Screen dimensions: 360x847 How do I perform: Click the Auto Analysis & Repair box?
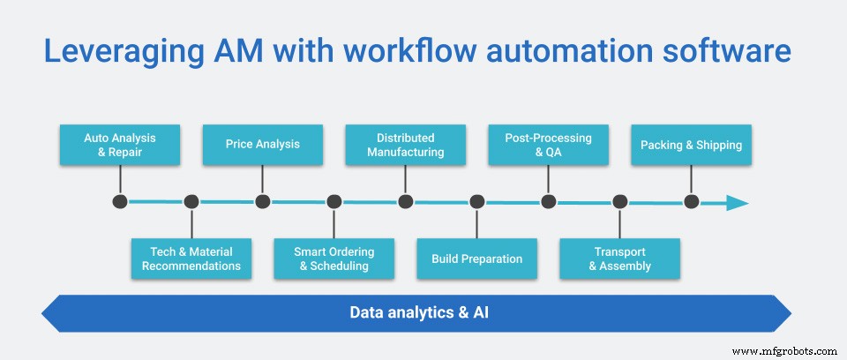click(x=120, y=145)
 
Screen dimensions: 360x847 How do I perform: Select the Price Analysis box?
click(x=262, y=145)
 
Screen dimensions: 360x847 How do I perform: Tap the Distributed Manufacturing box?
click(x=405, y=145)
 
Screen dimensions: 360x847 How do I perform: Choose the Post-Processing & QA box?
click(x=548, y=145)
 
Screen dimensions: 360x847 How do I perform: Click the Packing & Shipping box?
click(x=691, y=145)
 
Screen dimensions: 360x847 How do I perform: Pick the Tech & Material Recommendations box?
click(x=191, y=259)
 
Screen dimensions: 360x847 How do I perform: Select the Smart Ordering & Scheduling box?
click(x=334, y=259)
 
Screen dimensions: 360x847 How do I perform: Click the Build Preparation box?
click(x=476, y=259)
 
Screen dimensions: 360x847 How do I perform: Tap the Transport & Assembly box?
click(x=619, y=259)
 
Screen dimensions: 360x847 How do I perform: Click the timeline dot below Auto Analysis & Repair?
click(x=120, y=202)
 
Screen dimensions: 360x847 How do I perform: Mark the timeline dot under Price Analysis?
click(x=262, y=202)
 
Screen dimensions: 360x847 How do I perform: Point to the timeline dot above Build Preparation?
click(x=476, y=202)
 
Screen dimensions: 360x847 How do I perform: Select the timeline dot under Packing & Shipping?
click(x=691, y=202)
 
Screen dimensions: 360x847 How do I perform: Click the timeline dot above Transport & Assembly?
click(x=619, y=202)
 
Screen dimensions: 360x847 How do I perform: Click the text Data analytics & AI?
click(x=416, y=312)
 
